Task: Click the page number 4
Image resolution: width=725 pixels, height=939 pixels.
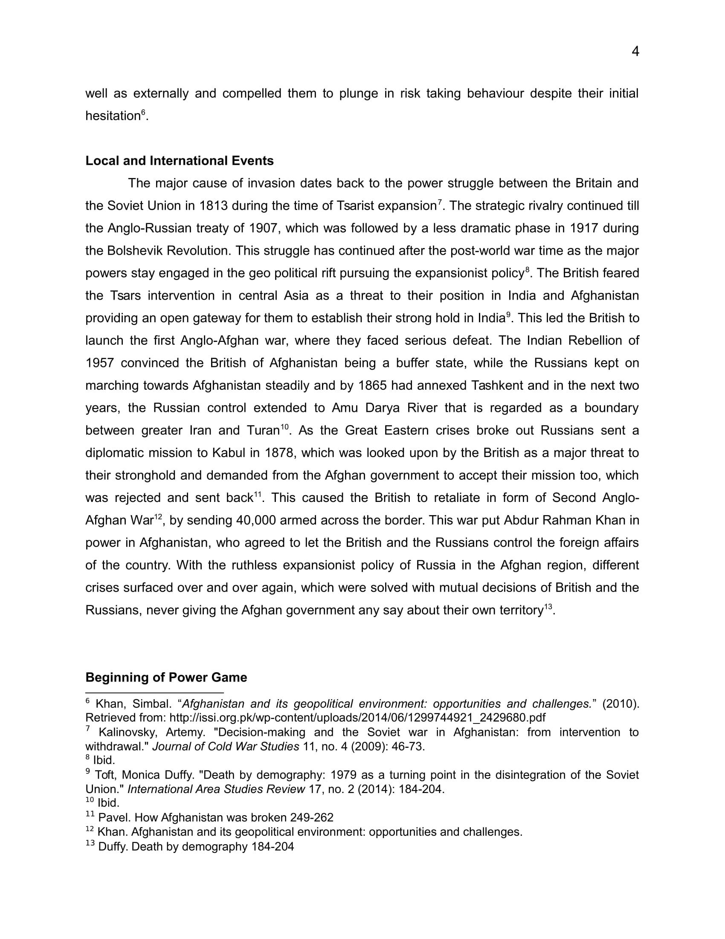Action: point(635,52)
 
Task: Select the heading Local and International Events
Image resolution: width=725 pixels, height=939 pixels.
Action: point(179,161)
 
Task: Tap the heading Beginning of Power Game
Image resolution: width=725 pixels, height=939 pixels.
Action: point(166,678)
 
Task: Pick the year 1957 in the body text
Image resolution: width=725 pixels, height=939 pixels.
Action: point(99,363)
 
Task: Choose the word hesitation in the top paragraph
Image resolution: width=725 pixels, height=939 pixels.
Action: point(113,116)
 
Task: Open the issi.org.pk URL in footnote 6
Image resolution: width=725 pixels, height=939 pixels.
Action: point(357,717)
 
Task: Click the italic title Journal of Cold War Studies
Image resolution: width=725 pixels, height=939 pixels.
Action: point(226,747)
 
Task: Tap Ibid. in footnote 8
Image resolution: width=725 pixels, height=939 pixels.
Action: point(104,760)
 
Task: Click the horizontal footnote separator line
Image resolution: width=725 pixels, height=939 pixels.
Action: point(155,693)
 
